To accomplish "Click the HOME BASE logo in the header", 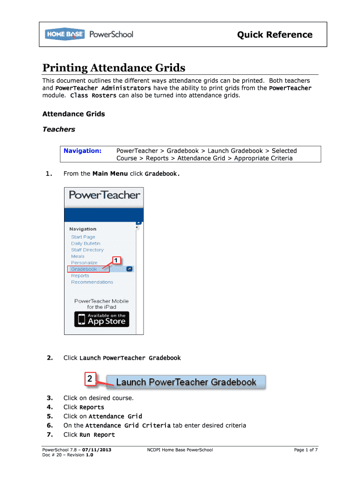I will click(x=65, y=34).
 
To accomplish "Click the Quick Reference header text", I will click(x=275, y=35).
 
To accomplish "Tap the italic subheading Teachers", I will click(x=58, y=129).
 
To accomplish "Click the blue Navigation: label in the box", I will click(x=83, y=151).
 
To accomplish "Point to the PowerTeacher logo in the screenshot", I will click(x=104, y=195).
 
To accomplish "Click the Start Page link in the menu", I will click(x=83, y=237).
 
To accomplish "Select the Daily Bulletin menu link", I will click(x=86, y=244).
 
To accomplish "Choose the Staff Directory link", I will click(x=87, y=250).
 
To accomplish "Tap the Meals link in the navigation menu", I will click(x=78, y=256).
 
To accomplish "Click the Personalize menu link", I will click(x=84, y=263).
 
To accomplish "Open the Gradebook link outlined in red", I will click(x=85, y=269).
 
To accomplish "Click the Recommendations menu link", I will click(x=92, y=282).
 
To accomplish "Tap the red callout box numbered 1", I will click(x=116, y=260).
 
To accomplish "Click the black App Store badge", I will click(x=101, y=319).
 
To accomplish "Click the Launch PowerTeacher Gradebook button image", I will click(x=186, y=382).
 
